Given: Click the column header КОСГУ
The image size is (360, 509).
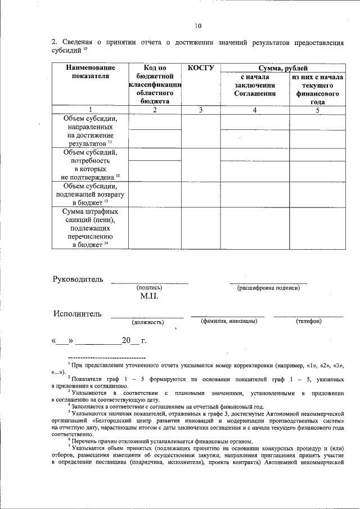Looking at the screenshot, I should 200,68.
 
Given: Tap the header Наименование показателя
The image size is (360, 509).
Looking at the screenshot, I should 90,72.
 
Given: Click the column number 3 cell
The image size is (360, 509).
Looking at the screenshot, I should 200,110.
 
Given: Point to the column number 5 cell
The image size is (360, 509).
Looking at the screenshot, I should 317,110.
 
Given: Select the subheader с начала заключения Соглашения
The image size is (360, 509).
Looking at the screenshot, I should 255,85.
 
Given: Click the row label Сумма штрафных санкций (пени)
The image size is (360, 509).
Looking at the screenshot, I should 90,228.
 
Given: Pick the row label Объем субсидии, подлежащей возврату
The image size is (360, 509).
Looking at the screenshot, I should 90,194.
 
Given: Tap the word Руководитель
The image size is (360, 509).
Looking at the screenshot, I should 78,279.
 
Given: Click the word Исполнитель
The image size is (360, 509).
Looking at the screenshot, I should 77,313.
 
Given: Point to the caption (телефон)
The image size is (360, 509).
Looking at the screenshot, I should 308,321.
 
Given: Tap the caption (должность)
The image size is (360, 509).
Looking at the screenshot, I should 147,322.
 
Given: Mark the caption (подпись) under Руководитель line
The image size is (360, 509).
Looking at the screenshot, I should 149,287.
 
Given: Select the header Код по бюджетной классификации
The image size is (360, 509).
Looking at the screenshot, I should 155,84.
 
